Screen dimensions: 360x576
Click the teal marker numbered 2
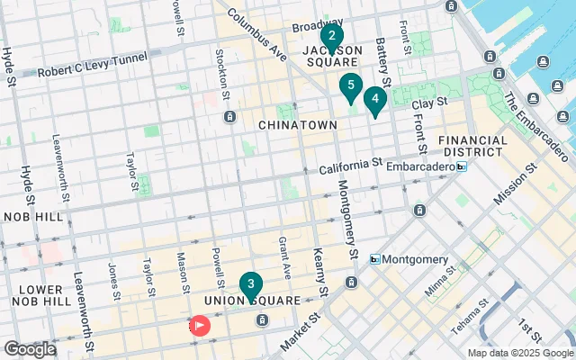click(x=331, y=38)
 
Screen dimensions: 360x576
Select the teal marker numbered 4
click(x=374, y=99)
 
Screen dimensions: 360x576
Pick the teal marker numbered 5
click(x=350, y=87)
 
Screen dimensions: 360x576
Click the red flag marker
click(x=199, y=325)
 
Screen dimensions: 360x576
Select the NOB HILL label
click(x=32, y=218)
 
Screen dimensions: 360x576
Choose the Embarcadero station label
click(x=423, y=166)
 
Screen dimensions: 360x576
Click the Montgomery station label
click(x=415, y=259)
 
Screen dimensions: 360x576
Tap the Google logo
click(x=30, y=349)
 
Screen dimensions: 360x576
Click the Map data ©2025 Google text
click(x=519, y=352)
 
